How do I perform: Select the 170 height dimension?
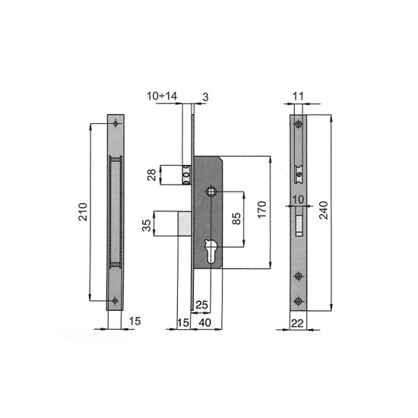(x=261, y=210)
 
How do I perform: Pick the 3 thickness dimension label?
(x=205, y=96)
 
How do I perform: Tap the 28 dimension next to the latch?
(x=151, y=176)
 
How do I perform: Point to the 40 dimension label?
(x=205, y=323)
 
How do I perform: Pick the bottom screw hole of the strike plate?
(x=114, y=301)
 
